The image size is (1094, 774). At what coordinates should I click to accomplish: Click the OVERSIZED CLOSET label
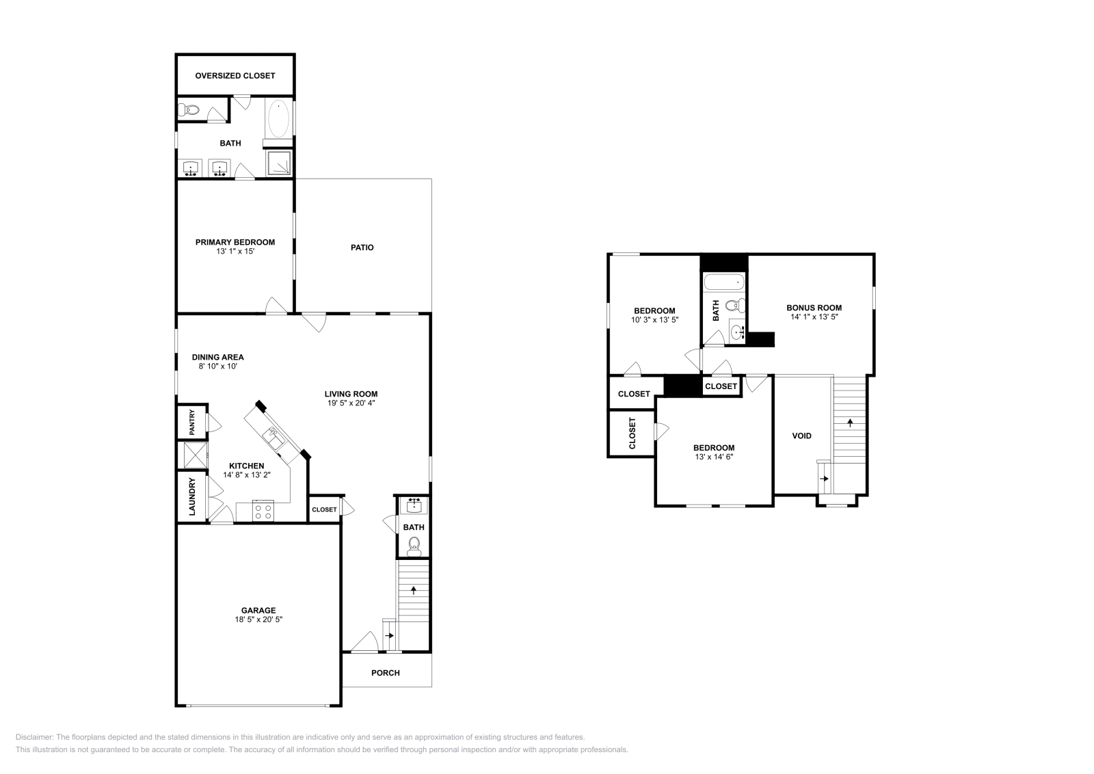(x=235, y=76)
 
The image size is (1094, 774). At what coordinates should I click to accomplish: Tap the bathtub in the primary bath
(x=278, y=119)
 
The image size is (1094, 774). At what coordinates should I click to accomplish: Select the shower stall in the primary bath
(x=278, y=163)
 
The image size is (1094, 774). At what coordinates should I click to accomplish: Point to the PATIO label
(x=362, y=248)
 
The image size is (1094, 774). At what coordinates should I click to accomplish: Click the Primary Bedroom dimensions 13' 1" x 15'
(x=235, y=252)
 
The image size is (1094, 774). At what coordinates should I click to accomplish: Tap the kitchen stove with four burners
(x=263, y=511)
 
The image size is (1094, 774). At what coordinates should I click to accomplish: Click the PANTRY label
(x=192, y=422)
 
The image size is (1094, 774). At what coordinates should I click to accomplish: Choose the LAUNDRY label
(x=192, y=496)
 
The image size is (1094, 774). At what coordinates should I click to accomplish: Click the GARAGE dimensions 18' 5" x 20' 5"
(x=258, y=619)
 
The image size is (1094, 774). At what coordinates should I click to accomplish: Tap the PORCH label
(x=385, y=673)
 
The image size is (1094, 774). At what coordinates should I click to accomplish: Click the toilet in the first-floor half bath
(x=413, y=544)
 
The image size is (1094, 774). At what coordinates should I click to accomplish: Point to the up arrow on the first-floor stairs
(x=413, y=589)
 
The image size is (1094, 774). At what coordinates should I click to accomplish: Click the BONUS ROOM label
(x=814, y=308)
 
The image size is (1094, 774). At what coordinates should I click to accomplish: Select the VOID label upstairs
(x=801, y=436)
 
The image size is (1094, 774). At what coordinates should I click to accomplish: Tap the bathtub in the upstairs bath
(x=723, y=282)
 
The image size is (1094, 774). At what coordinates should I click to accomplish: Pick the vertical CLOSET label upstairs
(x=632, y=433)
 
